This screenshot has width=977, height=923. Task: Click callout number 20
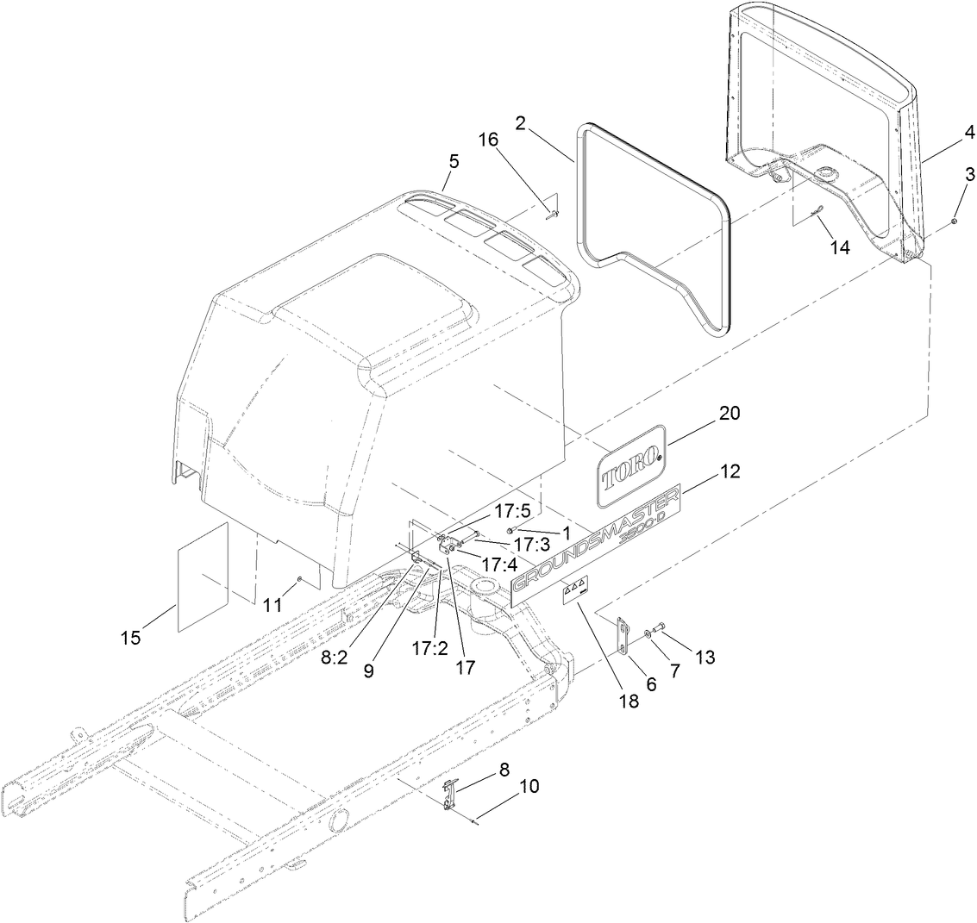[x=729, y=414]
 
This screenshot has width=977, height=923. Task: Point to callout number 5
[x=454, y=161]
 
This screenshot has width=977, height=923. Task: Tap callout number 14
[x=839, y=247]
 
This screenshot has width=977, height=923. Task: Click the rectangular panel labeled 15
[x=204, y=575]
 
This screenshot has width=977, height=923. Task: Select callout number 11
[x=273, y=605]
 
